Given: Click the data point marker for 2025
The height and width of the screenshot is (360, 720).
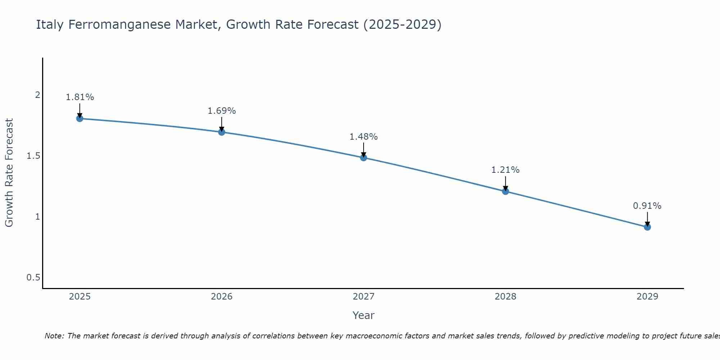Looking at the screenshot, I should [80, 118].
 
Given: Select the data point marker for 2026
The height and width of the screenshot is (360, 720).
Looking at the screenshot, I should [222, 132].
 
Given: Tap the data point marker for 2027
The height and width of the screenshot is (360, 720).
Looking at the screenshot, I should [364, 158].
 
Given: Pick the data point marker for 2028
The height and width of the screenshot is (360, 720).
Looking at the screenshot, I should [505, 191].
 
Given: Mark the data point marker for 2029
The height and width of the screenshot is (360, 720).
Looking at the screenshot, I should [647, 227].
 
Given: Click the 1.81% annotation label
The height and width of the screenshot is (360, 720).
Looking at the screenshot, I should [80, 97].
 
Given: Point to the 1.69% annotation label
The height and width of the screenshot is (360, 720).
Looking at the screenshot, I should [222, 111].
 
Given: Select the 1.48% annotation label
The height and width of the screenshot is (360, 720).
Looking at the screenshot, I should [364, 137].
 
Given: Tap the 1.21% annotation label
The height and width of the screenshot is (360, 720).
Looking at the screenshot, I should [505, 170].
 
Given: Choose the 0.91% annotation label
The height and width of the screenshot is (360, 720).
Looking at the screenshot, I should [647, 206].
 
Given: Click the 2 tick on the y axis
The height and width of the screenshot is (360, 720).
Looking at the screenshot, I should [37, 95].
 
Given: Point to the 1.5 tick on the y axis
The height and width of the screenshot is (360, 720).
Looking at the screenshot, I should [33, 156].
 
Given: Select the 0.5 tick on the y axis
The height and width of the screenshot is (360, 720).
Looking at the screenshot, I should [33, 278].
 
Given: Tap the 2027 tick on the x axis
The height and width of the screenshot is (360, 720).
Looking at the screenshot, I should [364, 297].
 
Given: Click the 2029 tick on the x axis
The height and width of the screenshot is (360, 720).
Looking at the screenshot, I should [647, 297].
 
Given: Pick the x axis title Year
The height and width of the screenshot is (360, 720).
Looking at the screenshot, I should [364, 315].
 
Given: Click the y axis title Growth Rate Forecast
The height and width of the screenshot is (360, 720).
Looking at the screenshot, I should [9, 173].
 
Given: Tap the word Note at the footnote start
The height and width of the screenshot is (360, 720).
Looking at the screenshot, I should [54, 336].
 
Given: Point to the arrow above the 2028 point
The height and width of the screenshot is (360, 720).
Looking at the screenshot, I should [505, 183].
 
